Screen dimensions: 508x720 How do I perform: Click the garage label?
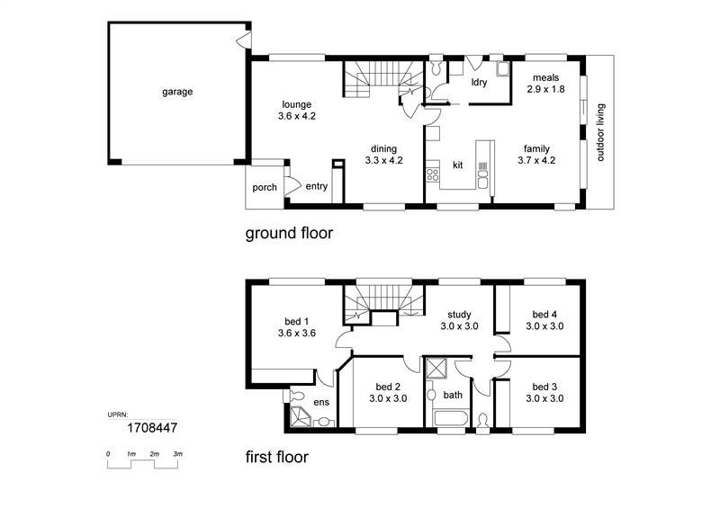coord(177,91)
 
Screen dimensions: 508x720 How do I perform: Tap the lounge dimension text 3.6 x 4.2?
coord(296,115)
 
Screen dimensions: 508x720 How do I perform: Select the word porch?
coord(264,187)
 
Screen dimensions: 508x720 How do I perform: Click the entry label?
coord(316,187)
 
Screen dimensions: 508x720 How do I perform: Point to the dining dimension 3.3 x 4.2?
coord(383,160)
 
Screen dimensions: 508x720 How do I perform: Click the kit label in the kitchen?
coord(457,165)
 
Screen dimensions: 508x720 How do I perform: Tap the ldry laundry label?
coord(480,83)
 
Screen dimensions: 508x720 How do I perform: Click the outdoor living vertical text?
coord(601,132)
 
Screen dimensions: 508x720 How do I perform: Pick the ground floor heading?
coord(289,234)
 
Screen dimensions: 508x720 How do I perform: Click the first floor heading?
coord(276,457)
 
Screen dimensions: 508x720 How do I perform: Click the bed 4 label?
coord(544,315)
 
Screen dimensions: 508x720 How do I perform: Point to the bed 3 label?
coord(544,387)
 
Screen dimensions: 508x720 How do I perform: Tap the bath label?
coord(453,394)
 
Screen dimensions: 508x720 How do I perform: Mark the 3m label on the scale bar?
coord(177,454)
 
